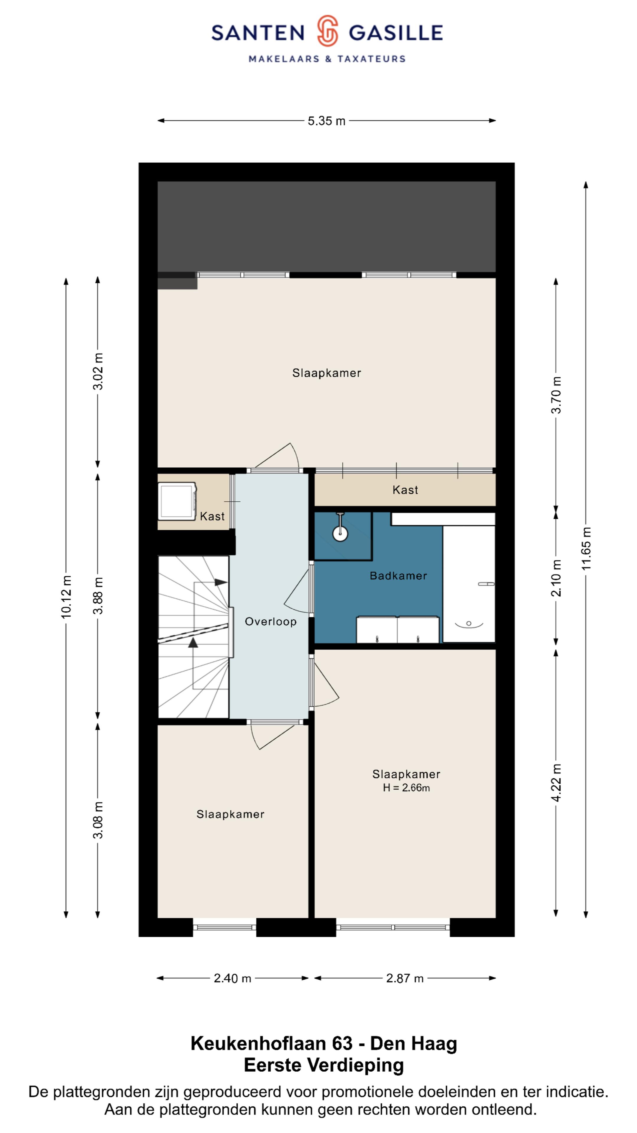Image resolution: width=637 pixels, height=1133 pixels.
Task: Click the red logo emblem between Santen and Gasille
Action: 328,31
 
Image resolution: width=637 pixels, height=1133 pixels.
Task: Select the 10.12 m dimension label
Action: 66,597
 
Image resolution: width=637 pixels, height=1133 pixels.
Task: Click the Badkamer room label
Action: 398,576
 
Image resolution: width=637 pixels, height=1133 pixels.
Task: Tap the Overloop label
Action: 270,621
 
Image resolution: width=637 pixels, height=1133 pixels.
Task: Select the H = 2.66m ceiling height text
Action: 406,788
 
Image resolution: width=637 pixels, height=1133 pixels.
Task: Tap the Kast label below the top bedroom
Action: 405,490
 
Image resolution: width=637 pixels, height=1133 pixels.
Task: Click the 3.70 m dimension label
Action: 556,395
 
